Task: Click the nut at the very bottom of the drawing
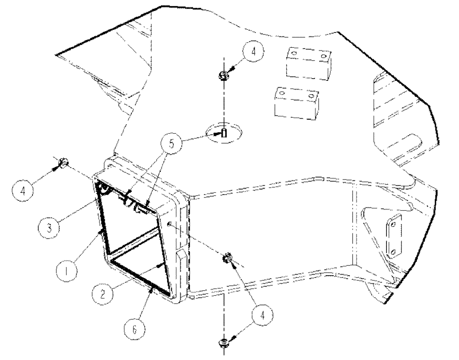click(x=223, y=342)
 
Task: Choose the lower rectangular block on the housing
click(x=296, y=103)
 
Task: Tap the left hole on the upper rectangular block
click(x=294, y=53)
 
